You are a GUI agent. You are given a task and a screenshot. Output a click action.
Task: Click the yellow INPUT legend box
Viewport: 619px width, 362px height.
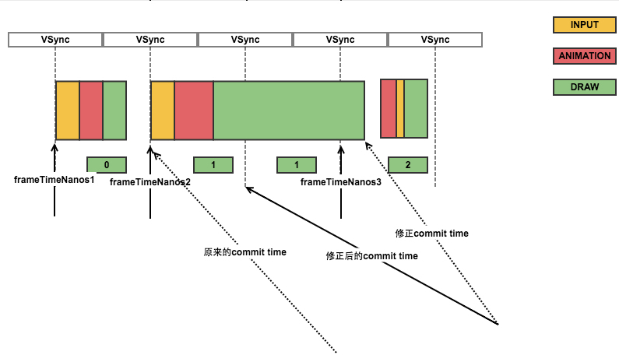pyautogui.click(x=584, y=25)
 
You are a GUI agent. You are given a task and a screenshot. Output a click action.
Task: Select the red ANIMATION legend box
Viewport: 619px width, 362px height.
pyautogui.click(x=584, y=56)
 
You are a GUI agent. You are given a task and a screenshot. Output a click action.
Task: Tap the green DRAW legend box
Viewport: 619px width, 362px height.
pyautogui.click(x=584, y=87)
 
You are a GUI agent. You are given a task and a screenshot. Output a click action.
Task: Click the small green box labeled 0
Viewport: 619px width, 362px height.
pyautogui.click(x=107, y=165)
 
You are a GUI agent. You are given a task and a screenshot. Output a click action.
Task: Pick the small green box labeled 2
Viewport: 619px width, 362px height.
pyautogui.click(x=408, y=165)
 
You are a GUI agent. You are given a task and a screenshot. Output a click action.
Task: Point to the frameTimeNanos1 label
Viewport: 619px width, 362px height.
pyautogui.click(x=55, y=180)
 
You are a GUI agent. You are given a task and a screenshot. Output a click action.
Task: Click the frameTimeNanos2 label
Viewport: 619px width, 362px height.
pyautogui.click(x=150, y=182)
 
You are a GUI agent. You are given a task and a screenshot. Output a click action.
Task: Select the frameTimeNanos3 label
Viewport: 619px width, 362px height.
pyautogui.click(x=341, y=182)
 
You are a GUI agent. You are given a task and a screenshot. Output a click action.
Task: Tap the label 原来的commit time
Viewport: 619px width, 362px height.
pyautogui.click(x=244, y=252)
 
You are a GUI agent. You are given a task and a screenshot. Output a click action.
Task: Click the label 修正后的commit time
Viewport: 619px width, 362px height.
pyautogui.click(x=372, y=256)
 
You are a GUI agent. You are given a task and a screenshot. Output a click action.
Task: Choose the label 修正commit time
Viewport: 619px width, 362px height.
pyautogui.click(x=432, y=234)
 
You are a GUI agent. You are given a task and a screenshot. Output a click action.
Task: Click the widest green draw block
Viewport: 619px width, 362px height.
pyautogui.click(x=289, y=111)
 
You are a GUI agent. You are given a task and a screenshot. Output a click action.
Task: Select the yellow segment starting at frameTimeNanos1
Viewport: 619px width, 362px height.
pyautogui.click(x=68, y=111)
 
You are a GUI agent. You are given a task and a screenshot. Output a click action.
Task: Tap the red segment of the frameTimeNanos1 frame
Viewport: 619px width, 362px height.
pyautogui.click(x=91, y=111)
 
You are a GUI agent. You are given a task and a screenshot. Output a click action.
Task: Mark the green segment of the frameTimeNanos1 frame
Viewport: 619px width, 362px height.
pyautogui.click(x=115, y=111)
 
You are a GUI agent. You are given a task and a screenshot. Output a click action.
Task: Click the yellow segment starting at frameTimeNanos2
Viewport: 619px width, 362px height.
pyautogui.click(x=163, y=111)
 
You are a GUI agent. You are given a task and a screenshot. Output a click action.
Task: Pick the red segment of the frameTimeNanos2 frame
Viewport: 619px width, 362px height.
pyautogui.click(x=194, y=111)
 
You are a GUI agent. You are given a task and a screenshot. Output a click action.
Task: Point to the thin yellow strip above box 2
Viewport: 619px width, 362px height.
pyautogui.click(x=400, y=108)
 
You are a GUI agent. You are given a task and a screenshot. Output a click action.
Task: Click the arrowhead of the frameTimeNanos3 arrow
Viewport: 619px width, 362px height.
pyautogui.click(x=341, y=148)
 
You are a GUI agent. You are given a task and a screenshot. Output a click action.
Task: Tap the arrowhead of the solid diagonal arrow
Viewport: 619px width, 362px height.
pyautogui.click(x=248, y=188)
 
